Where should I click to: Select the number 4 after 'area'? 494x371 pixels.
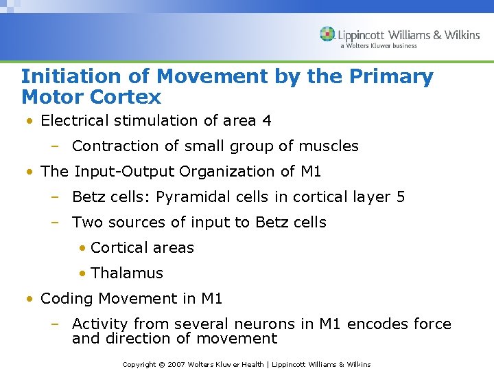tap(266, 121)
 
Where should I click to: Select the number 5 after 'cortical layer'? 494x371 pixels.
tap(401, 197)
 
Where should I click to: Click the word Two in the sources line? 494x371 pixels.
tap(86, 223)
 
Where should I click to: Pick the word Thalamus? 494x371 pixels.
tap(127, 273)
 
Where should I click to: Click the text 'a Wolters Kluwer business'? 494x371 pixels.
tap(378, 46)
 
